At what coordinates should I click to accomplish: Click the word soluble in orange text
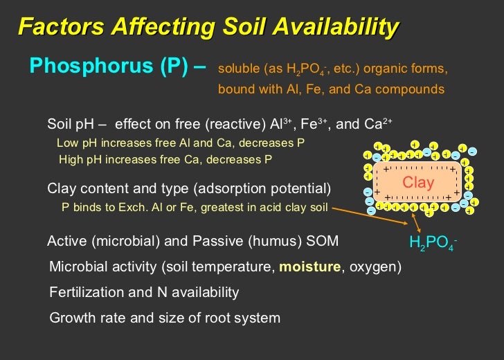[x=237, y=70]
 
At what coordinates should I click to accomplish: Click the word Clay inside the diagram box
[x=417, y=183]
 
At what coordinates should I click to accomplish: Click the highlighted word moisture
[x=310, y=267]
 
